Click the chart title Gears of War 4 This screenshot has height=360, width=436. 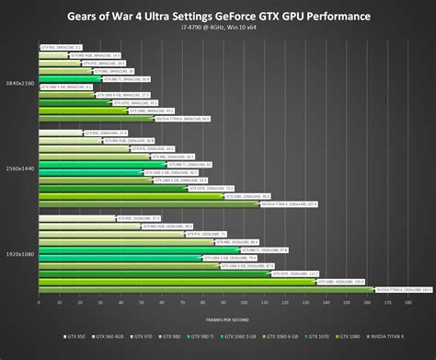coord(219,17)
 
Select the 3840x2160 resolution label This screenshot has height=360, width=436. coord(19,82)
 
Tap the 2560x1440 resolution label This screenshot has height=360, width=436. coord(19,168)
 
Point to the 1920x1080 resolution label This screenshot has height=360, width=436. coord(19,253)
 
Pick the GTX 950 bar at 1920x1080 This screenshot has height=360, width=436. coord(77,218)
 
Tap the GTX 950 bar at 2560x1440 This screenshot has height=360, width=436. coord(60,133)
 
